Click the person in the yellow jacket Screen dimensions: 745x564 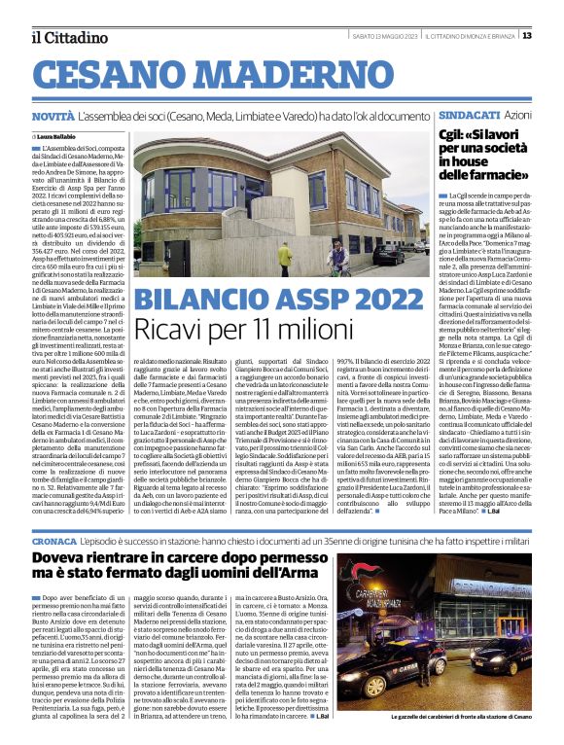click(285, 256)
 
